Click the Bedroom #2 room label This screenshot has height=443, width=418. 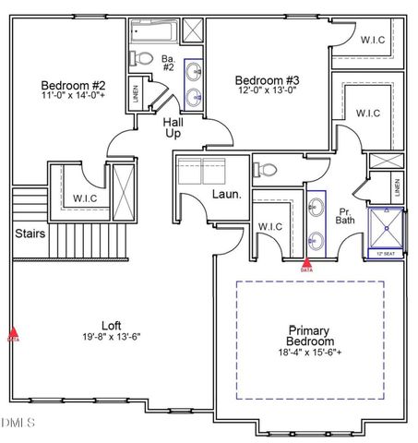point(69,82)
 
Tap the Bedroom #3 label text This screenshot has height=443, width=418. point(267,79)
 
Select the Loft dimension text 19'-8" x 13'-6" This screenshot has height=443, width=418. point(111,337)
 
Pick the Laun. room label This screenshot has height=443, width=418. point(226,195)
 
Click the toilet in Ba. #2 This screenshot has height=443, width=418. point(142,59)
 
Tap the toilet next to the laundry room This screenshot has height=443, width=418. point(264,170)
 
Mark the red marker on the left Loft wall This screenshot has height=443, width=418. point(13,334)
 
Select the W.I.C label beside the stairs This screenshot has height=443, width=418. point(86,198)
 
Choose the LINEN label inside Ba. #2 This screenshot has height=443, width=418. point(136,95)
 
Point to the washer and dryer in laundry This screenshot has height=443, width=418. point(203,172)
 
